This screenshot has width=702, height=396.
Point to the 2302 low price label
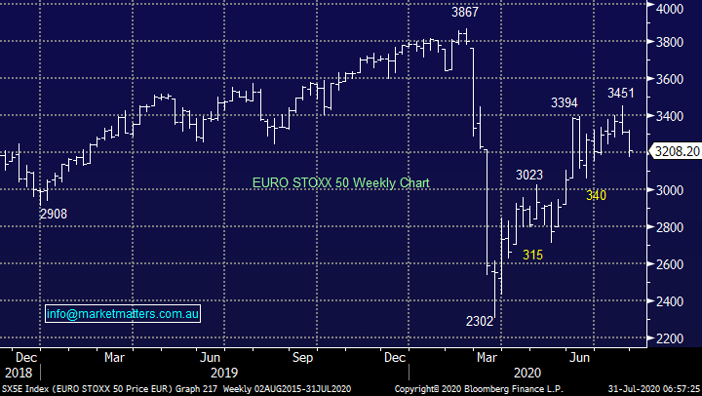[479, 319]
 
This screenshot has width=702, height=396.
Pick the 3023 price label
[530, 175]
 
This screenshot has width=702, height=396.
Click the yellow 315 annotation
[532, 255]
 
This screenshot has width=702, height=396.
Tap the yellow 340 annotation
[597, 196]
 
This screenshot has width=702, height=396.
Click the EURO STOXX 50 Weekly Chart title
[340, 182]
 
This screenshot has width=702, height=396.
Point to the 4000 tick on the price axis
[669, 8]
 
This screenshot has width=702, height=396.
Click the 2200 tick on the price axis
[669, 338]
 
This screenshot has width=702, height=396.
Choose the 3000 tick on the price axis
[669, 191]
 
